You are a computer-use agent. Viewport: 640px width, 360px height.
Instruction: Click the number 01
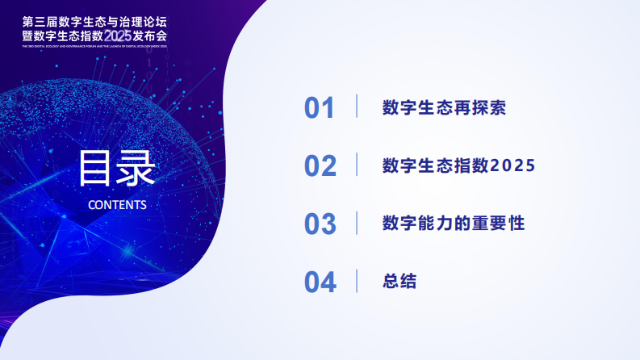click(x=319, y=108)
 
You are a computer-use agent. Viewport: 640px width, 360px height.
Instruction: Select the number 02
click(x=320, y=165)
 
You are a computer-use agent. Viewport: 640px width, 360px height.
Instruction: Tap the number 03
click(x=320, y=224)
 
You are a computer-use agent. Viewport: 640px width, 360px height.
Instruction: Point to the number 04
click(x=320, y=282)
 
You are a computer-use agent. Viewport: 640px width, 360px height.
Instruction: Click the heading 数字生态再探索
click(x=444, y=108)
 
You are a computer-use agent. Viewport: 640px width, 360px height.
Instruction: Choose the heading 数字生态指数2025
click(x=458, y=165)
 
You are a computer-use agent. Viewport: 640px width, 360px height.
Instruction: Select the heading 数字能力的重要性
click(x=454, y=224)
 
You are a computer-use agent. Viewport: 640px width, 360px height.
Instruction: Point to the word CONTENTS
click(x=117, y=204)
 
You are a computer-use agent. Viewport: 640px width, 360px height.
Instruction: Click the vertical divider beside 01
click(x=357, y=107)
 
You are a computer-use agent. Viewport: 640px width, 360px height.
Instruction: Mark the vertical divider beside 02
click(x=357, y=165)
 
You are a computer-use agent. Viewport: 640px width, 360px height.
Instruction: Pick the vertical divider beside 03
click(x=357, y=223)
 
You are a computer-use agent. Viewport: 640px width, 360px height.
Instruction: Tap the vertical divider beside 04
click(x=357, y=281)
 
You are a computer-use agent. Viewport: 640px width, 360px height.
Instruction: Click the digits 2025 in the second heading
click(x=513, y=165)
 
